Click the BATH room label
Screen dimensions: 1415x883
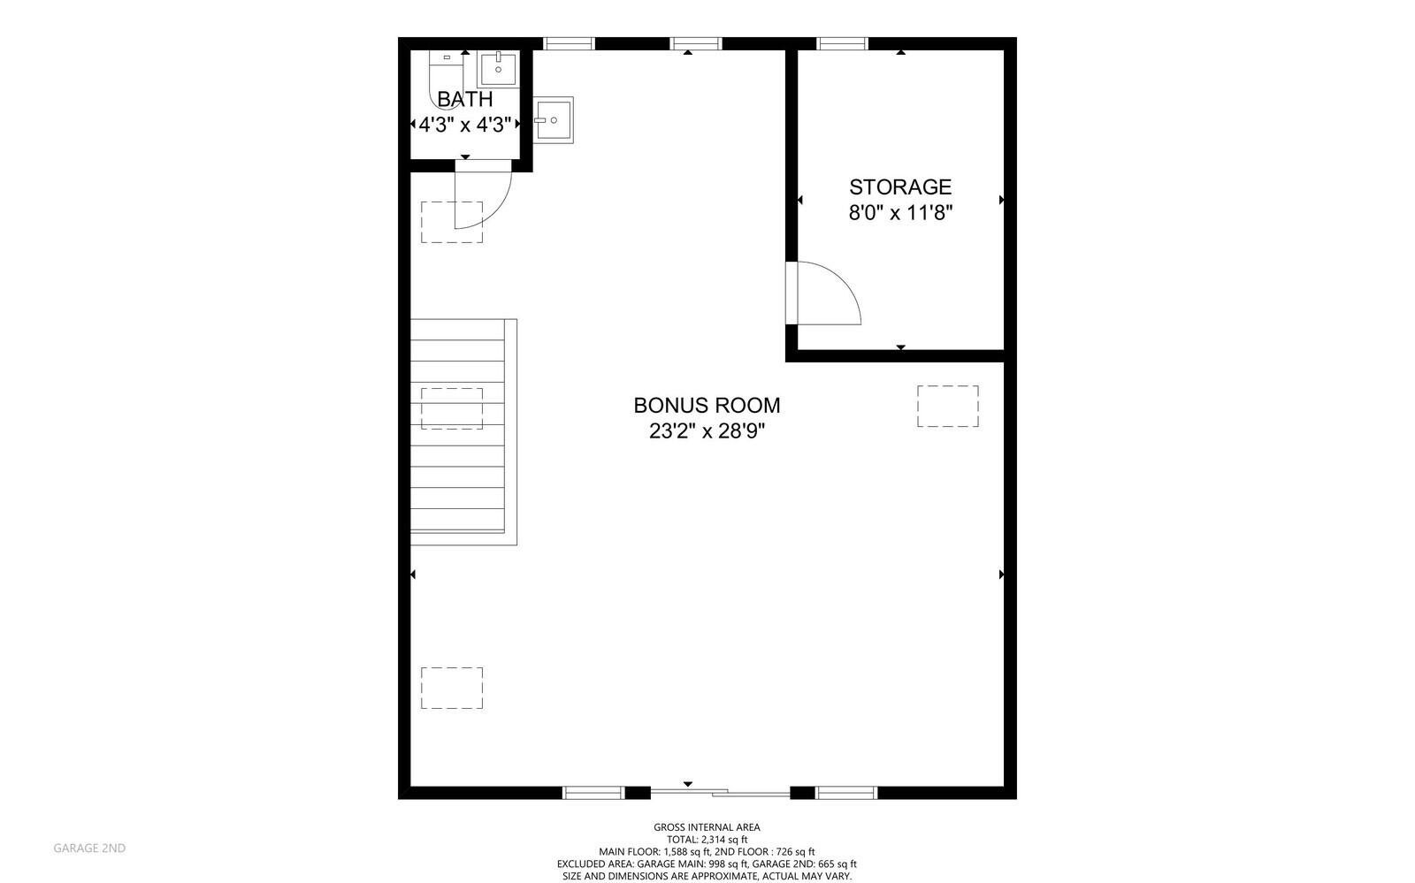tap(465, 99)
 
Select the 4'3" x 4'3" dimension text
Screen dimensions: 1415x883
tap(465, 125)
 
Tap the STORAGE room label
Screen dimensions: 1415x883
tap(900, 186)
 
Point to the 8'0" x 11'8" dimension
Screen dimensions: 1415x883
tap(900, 213)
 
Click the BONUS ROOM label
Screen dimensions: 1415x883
tap(707, 405)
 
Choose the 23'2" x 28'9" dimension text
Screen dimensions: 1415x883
tap(707, 431)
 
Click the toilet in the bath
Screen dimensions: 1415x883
tap(446, 79)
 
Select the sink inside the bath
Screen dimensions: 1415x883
tap(498, 69)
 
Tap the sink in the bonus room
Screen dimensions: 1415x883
tap(553, 120)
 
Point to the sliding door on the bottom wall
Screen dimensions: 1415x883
tap(720, 792)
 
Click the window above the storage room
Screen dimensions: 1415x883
tap(842, 43)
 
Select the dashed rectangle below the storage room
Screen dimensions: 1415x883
tap(947, 406)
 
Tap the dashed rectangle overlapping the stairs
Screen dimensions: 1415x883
tap(452, 409)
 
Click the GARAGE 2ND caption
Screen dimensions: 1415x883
tap(89, 849)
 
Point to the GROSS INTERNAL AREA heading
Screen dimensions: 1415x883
tap(707, 827)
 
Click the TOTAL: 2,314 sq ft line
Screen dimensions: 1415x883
tap(707, 840)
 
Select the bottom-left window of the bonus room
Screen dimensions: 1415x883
tap(593, 793)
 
